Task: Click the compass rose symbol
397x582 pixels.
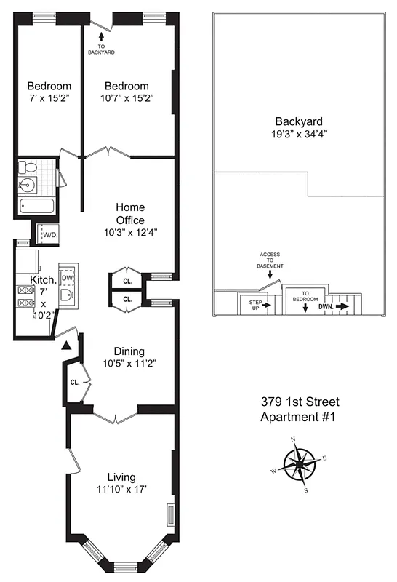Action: [x=300, y=464]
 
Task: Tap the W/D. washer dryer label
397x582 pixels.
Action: [x=49, y=235]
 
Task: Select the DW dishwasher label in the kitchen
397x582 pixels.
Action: [x=67, y=279]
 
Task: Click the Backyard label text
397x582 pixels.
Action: [x=298, y=121]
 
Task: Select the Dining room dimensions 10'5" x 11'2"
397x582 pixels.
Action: [x=127, y=362]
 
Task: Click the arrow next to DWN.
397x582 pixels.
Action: [x=342, y=307]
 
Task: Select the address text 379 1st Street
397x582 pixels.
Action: [x=300, y=402]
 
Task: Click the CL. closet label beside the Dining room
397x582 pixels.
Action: [x=74, y=381]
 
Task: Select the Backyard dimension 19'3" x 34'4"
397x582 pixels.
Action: [x=299, y=135]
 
